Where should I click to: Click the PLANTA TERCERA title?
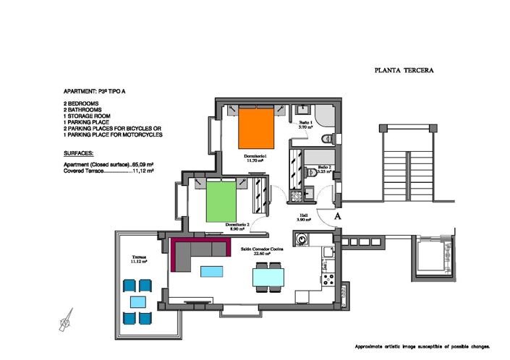(x=404, y=71)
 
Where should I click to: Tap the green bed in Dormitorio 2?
(x=223, y=202)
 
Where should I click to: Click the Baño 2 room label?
(x=324, y=169)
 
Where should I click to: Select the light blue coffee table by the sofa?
(x=212, y=271)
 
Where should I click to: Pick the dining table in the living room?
(x=268, y=278)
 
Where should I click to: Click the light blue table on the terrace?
(x=137, y=301)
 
